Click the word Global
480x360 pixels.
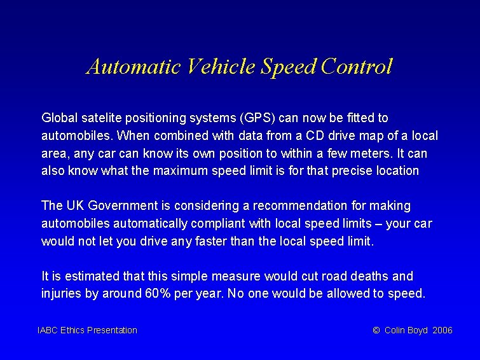(58, 118)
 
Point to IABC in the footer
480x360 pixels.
(48, 330)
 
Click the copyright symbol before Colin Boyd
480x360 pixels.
(376, 330)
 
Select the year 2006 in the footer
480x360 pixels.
(442, 330)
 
